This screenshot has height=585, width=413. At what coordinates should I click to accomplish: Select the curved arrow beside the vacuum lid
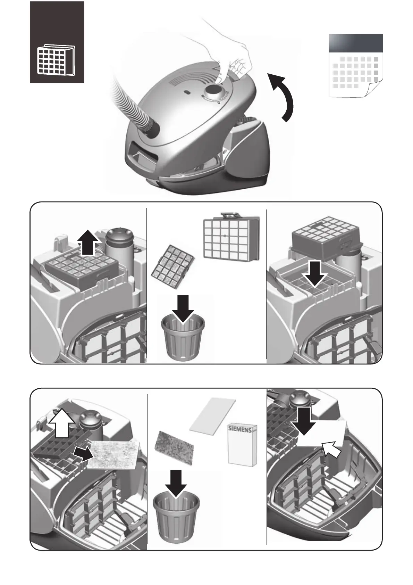283,97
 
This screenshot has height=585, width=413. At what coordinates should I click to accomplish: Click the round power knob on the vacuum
214,92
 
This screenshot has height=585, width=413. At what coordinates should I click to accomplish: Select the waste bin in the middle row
183,339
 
